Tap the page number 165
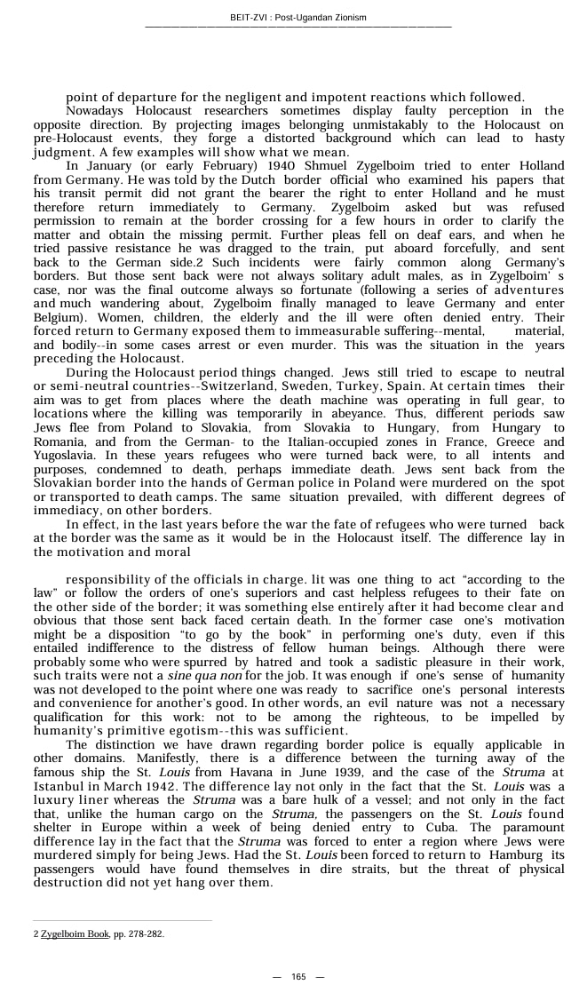point(298,977)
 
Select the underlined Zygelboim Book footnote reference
point(75,934)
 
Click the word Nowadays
point(96,110)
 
